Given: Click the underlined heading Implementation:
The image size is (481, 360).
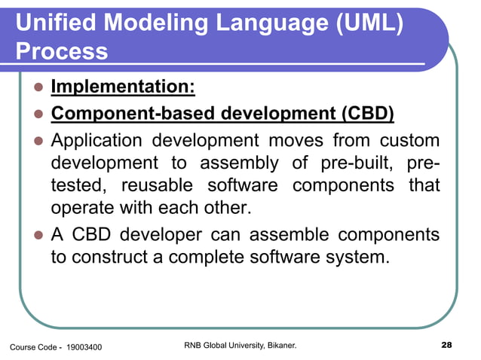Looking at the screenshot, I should (x=123, y=87).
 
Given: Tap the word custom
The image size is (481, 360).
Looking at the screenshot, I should (x=406, y=141).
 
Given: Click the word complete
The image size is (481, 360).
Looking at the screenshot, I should (x=210, y=257).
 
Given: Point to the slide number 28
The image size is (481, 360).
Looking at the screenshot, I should (x=446, y=346).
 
